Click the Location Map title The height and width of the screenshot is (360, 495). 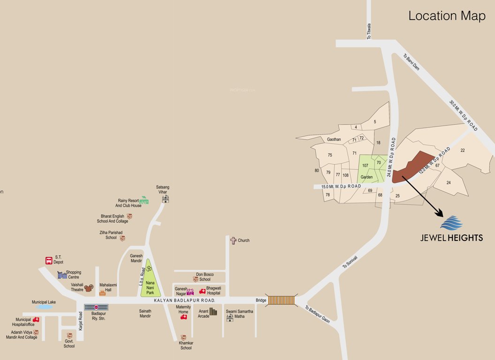click(447, 15)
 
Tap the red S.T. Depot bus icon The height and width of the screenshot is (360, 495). click(49, 260)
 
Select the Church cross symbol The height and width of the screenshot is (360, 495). click(233, 240)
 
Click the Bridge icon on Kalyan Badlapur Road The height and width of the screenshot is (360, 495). click(282, 300)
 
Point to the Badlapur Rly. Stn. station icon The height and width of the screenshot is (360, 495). click(96, 307)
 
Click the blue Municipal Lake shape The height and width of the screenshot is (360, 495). click(44, 307)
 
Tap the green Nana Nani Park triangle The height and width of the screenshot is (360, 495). click(148, 279)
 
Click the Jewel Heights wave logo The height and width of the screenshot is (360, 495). click(451, 223)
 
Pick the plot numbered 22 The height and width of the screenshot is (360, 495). click(463, 150)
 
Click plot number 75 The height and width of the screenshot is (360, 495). click(330, 155)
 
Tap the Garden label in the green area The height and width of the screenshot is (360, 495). click(367, 178)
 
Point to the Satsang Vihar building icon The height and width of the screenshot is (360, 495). click(165, 199)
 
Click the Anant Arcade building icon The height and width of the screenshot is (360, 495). click(213, 312)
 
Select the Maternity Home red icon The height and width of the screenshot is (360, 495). click(184, 317)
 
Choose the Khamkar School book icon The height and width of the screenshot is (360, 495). click(183, 337)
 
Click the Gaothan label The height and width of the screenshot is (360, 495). click(334, 139)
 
